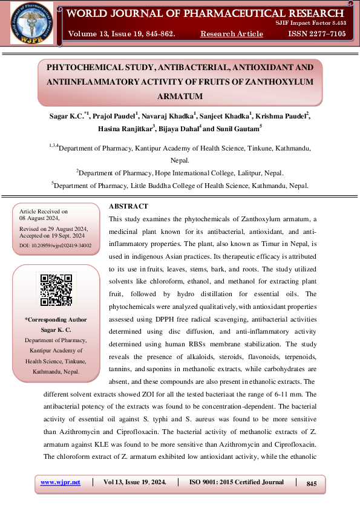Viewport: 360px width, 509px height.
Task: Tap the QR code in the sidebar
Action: (56, 290)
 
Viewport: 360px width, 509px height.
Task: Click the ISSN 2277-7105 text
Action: (316, 34)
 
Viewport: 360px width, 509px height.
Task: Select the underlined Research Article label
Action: (232, 34)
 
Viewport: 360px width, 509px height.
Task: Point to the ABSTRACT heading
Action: (129, 207)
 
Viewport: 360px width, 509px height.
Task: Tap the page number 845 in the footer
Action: (312, 484)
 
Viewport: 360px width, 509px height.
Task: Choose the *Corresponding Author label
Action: (56, 320)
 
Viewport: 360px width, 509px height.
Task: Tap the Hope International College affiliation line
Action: (180, 173)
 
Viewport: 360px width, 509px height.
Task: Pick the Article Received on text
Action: (44, 211)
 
